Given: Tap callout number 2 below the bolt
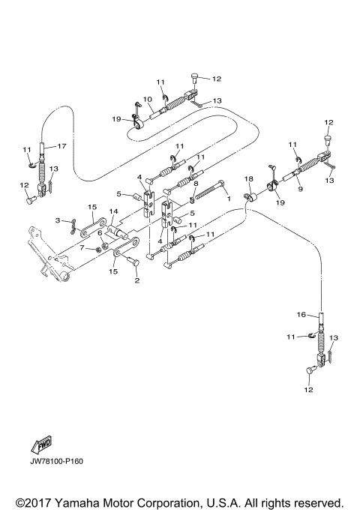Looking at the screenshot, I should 136,281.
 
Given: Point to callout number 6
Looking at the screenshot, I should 99,233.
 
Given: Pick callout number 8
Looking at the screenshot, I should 196,183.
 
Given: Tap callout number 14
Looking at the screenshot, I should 114,212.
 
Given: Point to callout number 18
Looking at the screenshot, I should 250,180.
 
